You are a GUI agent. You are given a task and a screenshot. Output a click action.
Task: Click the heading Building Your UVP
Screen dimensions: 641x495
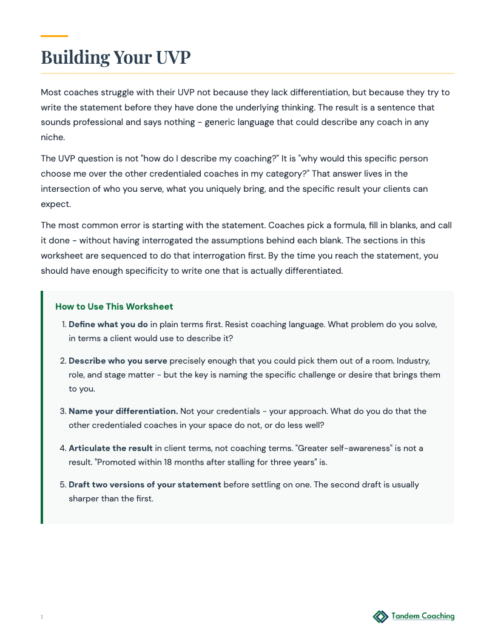click(x=115, y=58)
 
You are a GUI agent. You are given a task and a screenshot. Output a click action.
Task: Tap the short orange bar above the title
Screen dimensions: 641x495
click(x=54, y=36)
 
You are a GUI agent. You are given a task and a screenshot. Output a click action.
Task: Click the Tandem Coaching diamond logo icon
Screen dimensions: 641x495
click(x=380, y=617)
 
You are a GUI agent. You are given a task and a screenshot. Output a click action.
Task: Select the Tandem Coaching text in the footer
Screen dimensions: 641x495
click(x=423, y=616)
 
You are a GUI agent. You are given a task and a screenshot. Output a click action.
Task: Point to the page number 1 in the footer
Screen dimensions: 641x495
click(x=42, y=617)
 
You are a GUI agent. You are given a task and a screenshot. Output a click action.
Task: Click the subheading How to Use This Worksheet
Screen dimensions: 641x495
click(x=114, y=307)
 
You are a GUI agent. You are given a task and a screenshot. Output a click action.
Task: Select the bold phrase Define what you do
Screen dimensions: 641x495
click(x=108, y=324)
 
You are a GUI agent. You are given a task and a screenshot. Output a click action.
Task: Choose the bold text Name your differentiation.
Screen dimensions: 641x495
click(x=123, y=411)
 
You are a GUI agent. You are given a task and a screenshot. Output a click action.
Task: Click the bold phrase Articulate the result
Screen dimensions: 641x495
click(x=110, y=448)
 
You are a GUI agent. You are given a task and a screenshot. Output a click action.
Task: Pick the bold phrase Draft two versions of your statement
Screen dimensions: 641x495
click(x=144, y=484)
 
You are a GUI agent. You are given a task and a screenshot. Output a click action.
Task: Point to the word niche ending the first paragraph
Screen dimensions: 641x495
click(x=52, y=137)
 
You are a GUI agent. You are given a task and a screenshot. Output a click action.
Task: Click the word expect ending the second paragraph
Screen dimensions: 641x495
click(x=55, y=204)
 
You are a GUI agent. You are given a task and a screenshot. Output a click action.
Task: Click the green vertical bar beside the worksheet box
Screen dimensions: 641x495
click(x=42, y=407)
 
